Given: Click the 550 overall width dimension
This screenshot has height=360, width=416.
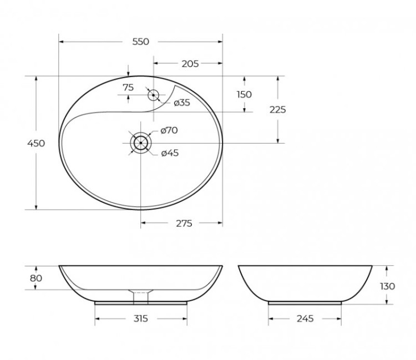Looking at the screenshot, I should (141, 42).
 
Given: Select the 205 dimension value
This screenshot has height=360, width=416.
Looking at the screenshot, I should (190, 64).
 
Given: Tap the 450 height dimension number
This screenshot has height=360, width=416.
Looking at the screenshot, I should (35, 143).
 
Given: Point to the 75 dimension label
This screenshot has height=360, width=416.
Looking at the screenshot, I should (128, 87).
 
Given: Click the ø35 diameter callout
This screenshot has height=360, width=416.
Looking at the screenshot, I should (182, 103).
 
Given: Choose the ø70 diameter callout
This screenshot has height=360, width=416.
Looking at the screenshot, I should (169, 130).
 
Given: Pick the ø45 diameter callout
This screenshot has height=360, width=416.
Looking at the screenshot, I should (169, 153).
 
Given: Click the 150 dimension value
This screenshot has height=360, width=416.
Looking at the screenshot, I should (244, 94).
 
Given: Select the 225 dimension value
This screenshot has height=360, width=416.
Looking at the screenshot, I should (277, 110).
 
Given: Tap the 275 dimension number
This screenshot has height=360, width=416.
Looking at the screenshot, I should (184, 224).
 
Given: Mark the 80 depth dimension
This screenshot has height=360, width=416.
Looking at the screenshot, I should (35, 277).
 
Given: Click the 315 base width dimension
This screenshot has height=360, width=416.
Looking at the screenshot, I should (141, 318).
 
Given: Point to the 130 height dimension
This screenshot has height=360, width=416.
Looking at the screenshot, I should (388, 286).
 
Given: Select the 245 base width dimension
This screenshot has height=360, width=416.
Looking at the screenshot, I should (305, 318).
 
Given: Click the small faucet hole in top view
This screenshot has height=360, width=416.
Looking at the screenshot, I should (153, 95).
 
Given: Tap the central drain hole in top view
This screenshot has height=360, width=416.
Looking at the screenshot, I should (141, 143).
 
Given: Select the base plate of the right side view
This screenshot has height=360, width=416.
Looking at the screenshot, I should (305, 303).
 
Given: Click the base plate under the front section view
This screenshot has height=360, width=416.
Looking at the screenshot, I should (141, 303).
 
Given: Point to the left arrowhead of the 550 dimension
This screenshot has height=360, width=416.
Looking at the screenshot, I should (61, 42).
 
